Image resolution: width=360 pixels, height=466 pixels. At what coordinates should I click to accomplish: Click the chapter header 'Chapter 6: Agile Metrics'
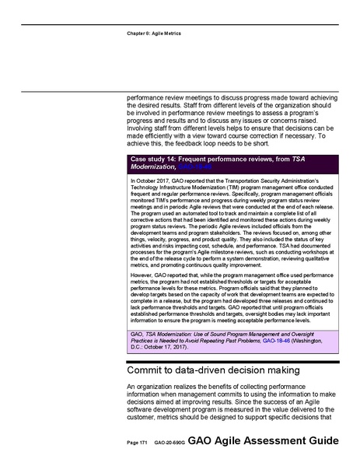(x=154, y=33)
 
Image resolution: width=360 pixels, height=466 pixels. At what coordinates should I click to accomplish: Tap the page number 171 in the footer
(x=138, y=442)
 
